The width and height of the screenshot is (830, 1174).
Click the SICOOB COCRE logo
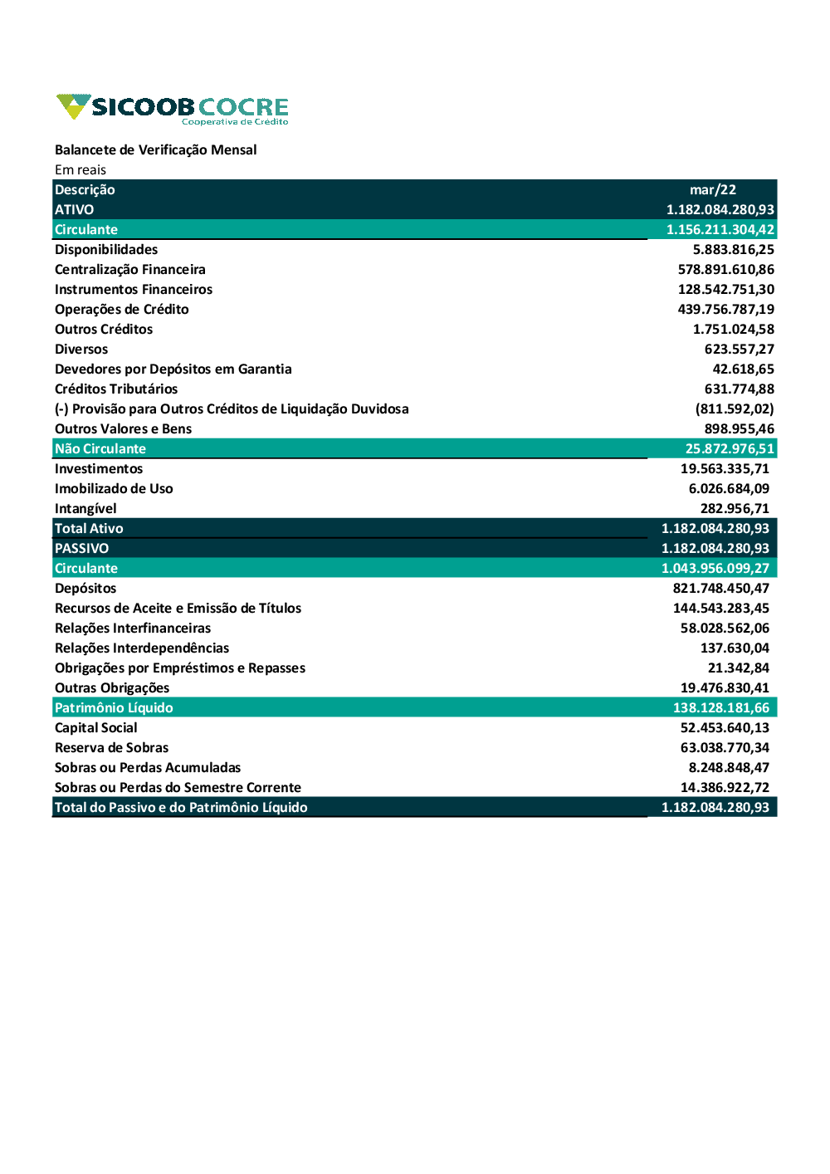click(173, 109)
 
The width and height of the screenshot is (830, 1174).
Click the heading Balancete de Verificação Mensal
click(155, 149)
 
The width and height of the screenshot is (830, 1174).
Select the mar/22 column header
click(712, 189)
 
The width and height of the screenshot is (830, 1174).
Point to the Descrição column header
click(85, 189)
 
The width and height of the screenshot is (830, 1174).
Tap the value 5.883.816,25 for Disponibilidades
click(733, 249)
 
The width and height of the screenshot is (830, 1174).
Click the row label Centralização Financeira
click(129, 269)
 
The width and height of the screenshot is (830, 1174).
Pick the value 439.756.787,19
click(725, 309)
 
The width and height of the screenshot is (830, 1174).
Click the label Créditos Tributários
click(115, 389)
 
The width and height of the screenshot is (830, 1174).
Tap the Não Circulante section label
click(100, 448)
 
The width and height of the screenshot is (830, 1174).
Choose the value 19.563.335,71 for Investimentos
click(725, 468)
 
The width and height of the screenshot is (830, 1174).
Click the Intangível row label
click(85, 508)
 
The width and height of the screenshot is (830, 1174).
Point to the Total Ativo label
click(89, 528)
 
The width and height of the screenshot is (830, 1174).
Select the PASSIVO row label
click(81, 548)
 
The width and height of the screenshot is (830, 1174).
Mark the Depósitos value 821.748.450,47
click(720, 588)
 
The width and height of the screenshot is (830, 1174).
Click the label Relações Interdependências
click(141, 648)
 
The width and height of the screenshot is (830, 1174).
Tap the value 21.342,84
click(738, 668)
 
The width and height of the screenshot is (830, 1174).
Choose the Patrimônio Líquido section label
click(114, 707)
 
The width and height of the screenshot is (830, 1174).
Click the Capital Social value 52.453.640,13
click(725, 727)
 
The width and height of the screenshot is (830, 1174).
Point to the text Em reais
click(81, 169)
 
